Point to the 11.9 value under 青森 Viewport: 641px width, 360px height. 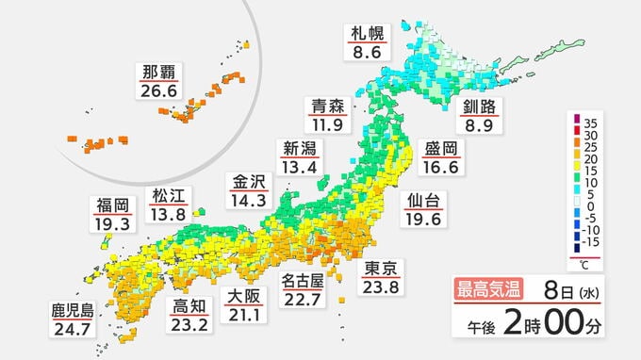click(x=329, y=124)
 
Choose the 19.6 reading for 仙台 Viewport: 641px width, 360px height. click(x=419, y=221)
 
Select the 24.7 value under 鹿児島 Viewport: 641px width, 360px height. click(x=72, y=330)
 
